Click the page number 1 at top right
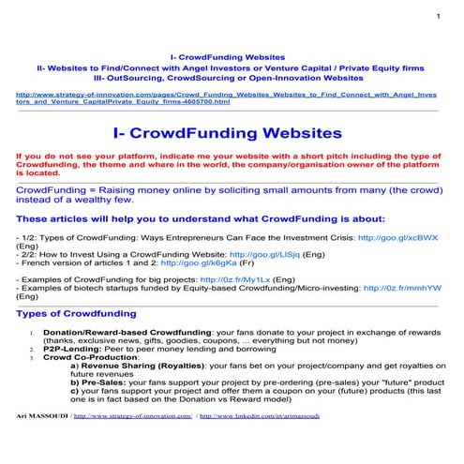click(438, 18)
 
